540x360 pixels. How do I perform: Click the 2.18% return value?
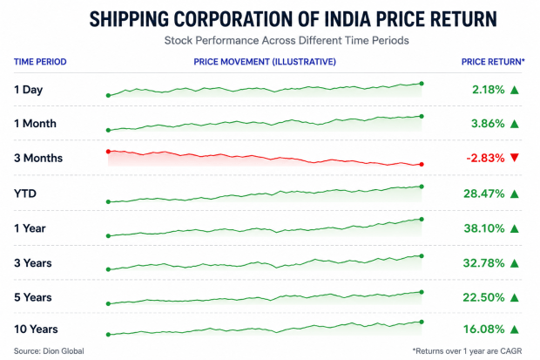(488, 90)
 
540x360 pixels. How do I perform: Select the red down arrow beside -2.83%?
(515, 158)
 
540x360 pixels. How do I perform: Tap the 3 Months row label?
(38, 158)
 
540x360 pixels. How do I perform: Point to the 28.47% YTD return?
(484, 194)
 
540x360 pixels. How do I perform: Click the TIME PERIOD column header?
(40, 62)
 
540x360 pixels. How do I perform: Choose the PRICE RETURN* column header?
(493, 62)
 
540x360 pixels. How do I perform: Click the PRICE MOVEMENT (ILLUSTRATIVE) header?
(265, 62)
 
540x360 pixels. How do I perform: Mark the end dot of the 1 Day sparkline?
(422, 84)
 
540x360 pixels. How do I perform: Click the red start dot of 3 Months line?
(108, 152)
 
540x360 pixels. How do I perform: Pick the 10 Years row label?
(36, 329)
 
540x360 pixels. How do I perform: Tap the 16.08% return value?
(484, 329)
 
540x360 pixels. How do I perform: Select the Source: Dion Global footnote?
(49, 351)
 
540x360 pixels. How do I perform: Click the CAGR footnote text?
(468, 351)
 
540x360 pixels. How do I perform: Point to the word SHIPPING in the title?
(129, 19)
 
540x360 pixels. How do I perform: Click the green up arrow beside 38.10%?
(515, 228)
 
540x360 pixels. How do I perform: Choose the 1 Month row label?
(35, 124)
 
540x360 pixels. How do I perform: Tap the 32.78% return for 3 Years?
(484, 263)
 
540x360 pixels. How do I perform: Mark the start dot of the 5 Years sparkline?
(108, 304)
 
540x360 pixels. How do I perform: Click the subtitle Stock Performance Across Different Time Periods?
(287, 41)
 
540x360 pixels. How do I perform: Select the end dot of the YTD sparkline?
(422, 187)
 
